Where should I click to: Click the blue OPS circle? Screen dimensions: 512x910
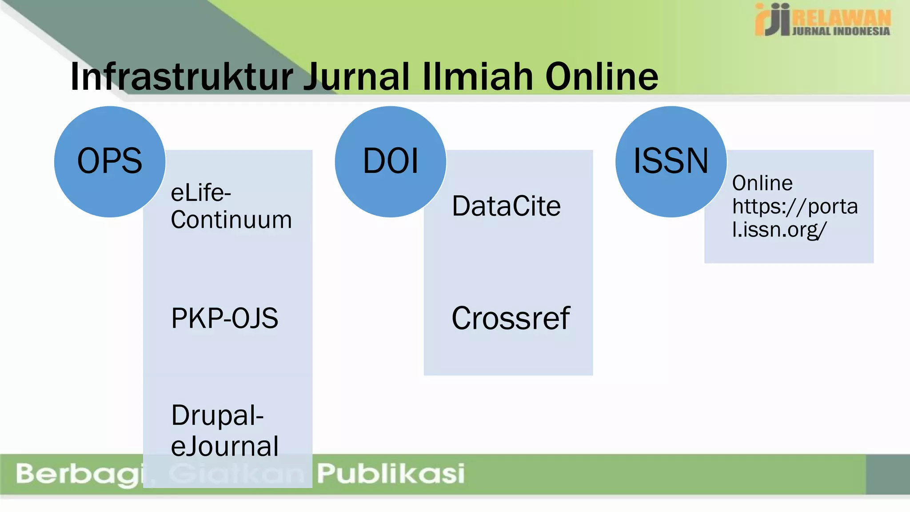110,162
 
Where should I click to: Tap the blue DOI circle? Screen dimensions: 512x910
391,162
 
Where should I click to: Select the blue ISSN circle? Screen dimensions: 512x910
671,162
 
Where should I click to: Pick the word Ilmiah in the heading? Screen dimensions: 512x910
478,77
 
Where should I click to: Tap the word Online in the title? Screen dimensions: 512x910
602,77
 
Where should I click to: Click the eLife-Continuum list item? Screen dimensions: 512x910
231,207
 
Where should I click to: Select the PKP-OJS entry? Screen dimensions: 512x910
224,318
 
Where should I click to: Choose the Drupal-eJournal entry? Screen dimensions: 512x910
224,430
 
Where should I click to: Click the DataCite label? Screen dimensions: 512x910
506,206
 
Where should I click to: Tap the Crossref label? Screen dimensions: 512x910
511,318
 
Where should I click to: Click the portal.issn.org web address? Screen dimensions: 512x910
794,218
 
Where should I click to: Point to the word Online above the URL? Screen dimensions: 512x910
762,183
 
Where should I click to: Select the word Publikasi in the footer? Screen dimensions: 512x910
391,473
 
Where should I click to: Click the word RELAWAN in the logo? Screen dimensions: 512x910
842,17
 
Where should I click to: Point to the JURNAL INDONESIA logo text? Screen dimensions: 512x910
841,31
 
